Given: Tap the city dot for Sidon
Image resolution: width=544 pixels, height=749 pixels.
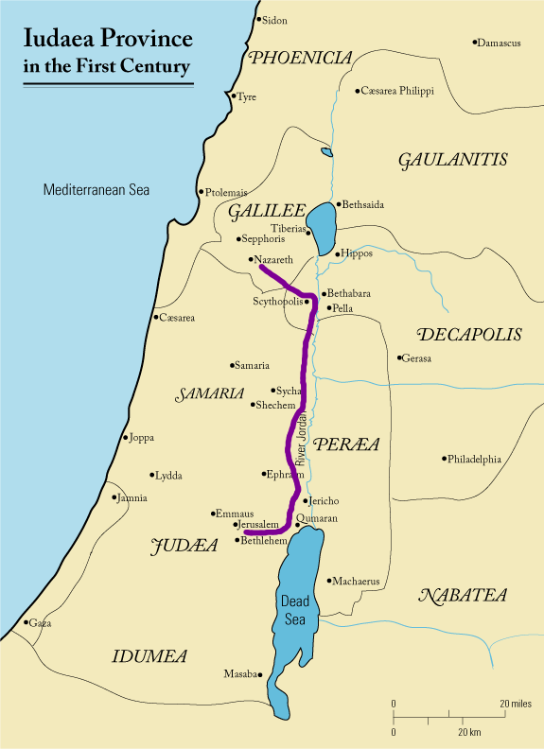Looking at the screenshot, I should (x=259, y=19).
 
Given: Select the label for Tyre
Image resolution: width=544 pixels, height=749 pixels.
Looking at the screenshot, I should (x=247, y=97).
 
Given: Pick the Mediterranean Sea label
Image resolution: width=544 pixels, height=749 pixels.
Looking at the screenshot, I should (x=97, y=190).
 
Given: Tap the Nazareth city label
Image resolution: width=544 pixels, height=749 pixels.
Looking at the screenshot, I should (x=274, y=259).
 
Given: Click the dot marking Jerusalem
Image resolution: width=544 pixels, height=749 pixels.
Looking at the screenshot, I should (x=235, y=524).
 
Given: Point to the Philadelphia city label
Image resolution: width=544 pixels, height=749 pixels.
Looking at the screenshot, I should (x=474, y=460).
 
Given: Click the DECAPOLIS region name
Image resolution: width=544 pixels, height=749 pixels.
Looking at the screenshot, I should (x=469, y=335).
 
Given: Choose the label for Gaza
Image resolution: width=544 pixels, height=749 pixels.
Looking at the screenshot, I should (x=41, y=623).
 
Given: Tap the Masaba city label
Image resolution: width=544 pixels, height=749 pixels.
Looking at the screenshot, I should (x=239, y=674).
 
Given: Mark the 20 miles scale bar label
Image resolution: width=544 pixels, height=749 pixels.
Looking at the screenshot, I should (x=517, y=705).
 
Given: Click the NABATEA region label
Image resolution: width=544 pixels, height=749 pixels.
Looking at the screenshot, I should (x=464, y=596).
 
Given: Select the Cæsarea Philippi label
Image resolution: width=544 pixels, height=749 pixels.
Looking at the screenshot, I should (x=396, y=91).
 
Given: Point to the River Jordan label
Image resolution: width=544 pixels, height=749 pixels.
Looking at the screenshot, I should (x=302, y=438).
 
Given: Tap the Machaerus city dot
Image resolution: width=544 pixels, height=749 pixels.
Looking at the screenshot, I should (x=328, y=581).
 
